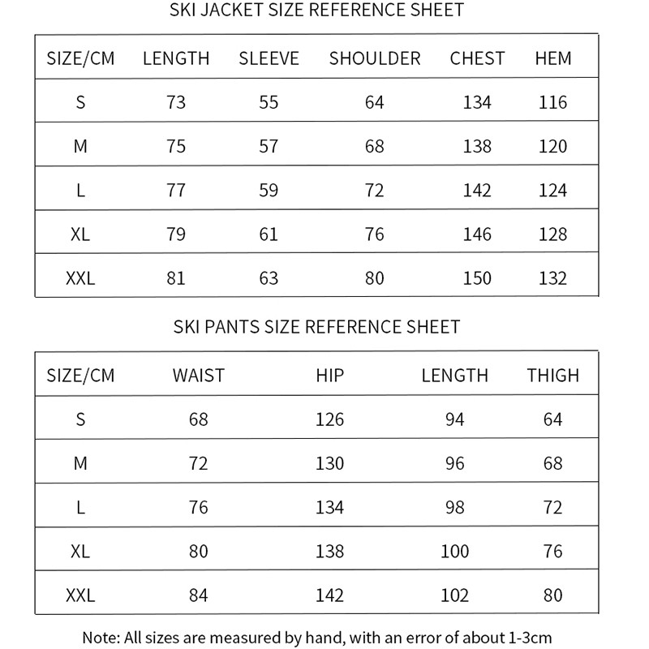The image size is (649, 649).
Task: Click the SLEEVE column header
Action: click(x=269, y=58)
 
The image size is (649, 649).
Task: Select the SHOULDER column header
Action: click(x=375, y=58)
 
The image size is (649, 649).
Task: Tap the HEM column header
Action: click(x=553, y=58)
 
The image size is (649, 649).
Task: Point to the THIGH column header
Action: click(x=553, y=376)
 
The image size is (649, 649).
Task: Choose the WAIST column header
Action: click(x=198, y=376)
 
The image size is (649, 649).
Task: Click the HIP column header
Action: click(x=330, y=376)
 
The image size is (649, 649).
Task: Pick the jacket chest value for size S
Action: click(x=477, y=102)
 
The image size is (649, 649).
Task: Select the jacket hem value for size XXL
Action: click(x=553, y=278)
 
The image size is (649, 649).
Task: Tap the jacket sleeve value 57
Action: click(x=269, y=147)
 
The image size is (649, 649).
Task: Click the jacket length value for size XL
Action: click(x=175, y=234)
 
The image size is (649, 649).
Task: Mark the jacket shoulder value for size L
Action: click(x=375, y=191)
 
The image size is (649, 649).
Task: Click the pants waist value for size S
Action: click(x=198, y=419)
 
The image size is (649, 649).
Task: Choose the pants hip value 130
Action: click(x=330, y=463)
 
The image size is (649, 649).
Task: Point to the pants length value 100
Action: click(x=454, y=552)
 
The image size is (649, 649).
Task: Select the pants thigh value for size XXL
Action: click(x=553, y=595)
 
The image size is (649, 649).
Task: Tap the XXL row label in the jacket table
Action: click(x=80, y=278)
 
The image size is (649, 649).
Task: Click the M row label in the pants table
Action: click(x=80, y=463)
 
